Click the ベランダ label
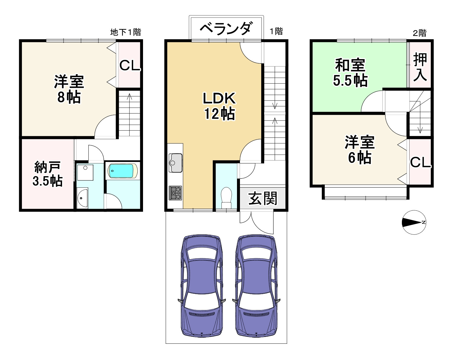pos(226,28)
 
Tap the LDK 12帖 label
pos(219,106)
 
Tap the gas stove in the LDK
pos(175,193)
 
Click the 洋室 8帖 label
pos(69,89)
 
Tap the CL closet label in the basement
pos(129,65)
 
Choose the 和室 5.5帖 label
pos(350,72)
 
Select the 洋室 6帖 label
pos(360,150)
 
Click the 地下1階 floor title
pos(125,32)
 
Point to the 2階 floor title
pos(420,33)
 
